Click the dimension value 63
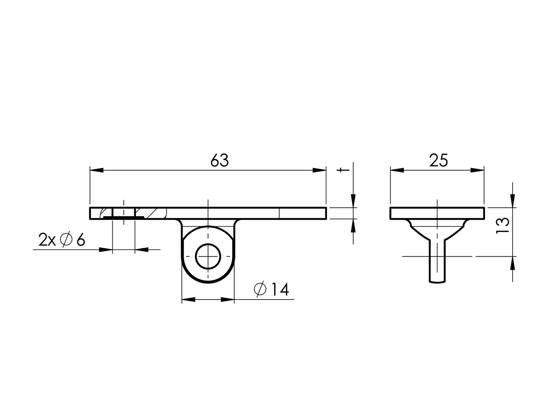pos(219,161)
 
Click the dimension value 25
pos(438,161)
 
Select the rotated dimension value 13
pos(503,226)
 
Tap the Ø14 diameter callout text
pos(271,289)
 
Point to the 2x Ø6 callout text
pos(62,240)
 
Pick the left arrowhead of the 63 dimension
pos(97,170)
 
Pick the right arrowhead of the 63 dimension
pos(319,170)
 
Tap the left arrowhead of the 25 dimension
pos(397,170)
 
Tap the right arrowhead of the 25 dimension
pos(477,170)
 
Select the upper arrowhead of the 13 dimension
pos(513,200)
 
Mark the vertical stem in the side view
pos(437,262)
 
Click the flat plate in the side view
pos(437,213)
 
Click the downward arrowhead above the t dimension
pos(353,200)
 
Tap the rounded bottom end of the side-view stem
pos(437,282)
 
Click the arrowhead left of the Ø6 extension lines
pos(106,249)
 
